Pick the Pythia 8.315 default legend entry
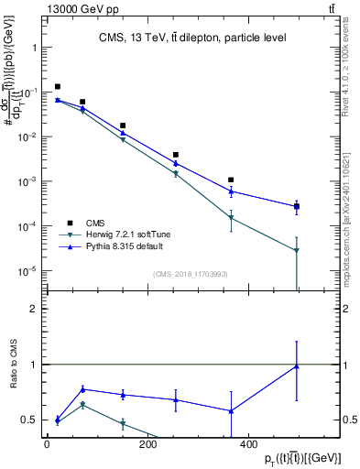click(x=125, y=247)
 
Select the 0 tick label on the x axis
click(x=48, y=445)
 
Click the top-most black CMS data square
click(x=58, y=87)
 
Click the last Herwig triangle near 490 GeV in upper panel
click(x=297, y=250)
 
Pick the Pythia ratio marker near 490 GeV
click(x=297, y=366)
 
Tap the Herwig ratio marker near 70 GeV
click(x=82, y=404)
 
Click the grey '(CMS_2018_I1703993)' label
click(x=190, y=273)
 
